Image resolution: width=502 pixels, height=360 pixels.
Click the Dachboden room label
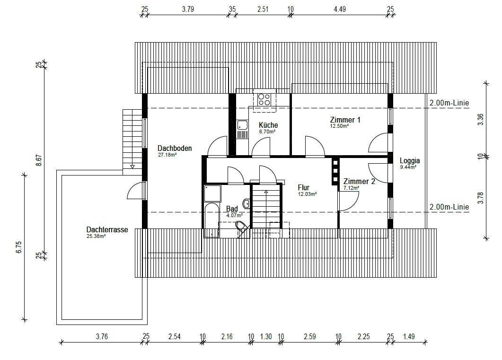[175, 148]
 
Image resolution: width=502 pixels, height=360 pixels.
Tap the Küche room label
[268, 125]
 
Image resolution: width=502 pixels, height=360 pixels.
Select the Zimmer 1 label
[345, 120]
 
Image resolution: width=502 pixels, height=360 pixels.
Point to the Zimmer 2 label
[359, 182]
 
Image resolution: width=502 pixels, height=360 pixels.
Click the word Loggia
[410, 161]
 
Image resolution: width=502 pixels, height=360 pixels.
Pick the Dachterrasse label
[107, 229]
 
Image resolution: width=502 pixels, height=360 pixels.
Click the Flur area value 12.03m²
[308, 194]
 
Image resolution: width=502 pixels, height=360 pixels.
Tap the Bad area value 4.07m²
[234, 215]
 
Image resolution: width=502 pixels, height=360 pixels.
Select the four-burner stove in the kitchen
[264, 99]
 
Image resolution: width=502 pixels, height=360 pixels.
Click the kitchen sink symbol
[242, 125]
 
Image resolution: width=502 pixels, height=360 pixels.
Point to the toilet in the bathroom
[242, 228]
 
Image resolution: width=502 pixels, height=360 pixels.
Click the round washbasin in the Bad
[247, 203]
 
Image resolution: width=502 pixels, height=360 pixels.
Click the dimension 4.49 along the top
[340, 9]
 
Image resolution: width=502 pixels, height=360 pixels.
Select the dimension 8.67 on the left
[38, 160]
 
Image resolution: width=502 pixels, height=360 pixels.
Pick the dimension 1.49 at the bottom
[409, 336]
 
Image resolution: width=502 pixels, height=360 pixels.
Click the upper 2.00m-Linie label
[449, 103]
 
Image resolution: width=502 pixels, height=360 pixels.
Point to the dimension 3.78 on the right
[480, 198]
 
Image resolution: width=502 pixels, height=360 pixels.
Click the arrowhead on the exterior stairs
[132, 167]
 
